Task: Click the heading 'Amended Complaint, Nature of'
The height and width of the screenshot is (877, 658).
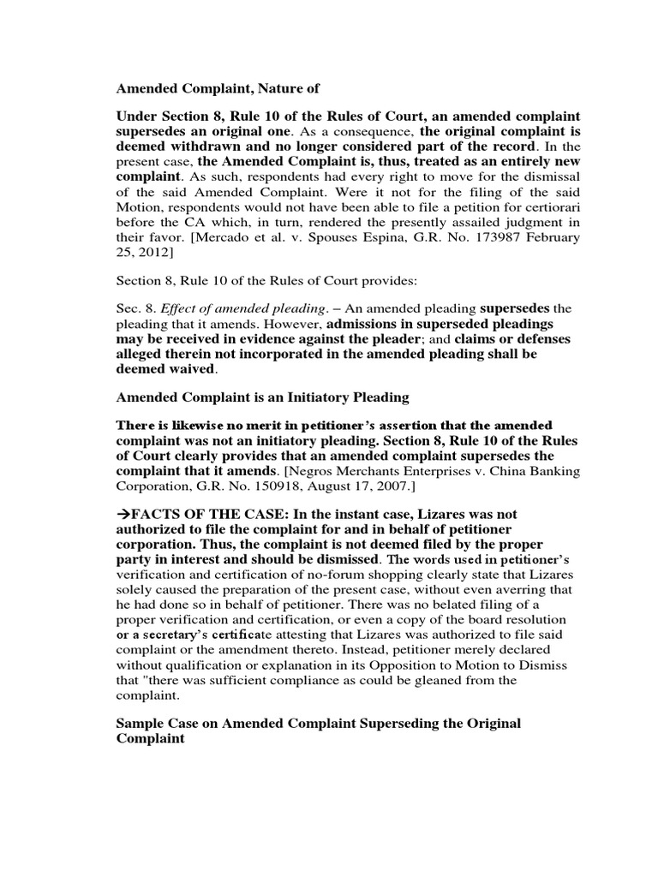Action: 204,87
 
